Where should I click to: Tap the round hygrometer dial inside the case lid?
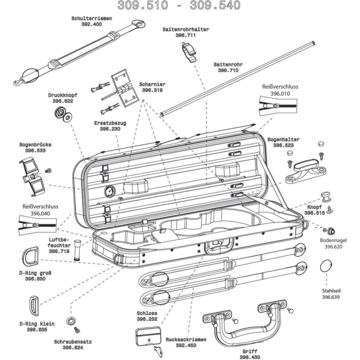[109, 191]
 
